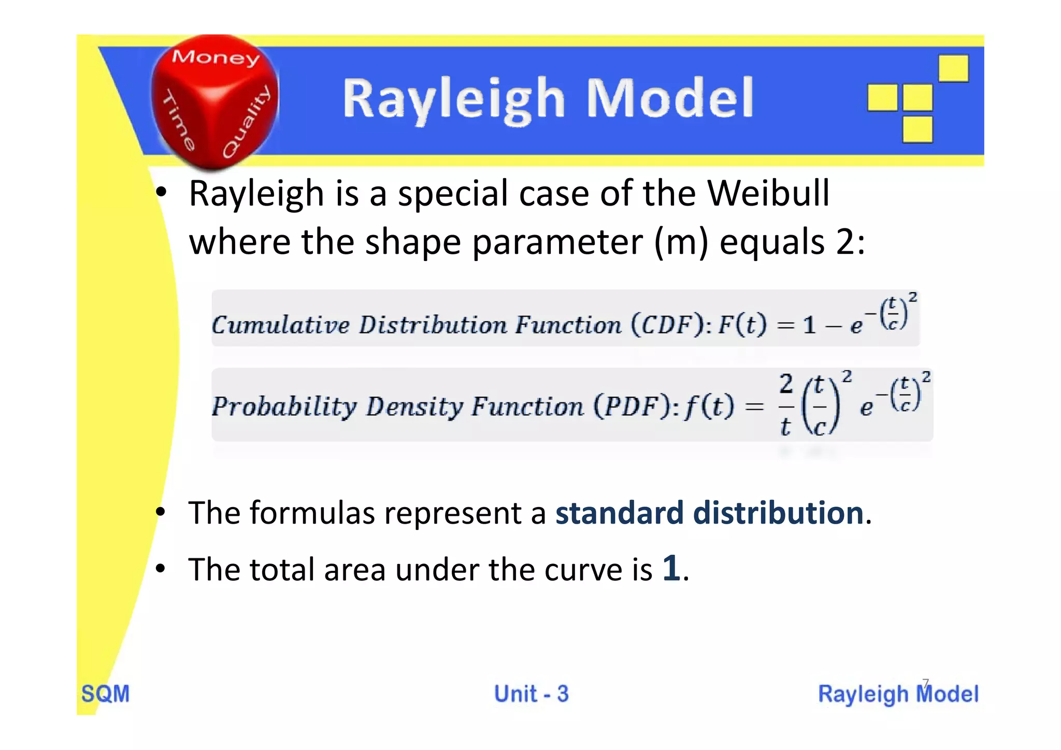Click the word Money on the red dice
(x=216, y=57)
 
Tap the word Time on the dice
(x=179, y=120)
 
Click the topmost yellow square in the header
(x=953, y=68)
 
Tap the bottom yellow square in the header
(x=917, y=129)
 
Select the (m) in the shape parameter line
(x=681, y=242)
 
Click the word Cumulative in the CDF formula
(x=281, y=325)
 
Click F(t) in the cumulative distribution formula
(x=742, y=325)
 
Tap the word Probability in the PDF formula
(x=284, y=407)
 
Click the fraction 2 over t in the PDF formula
(x=786, y=406)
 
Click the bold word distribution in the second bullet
(x=778, y=513)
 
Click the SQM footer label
(x=106, y=694)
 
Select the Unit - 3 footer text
(x=531, y=694)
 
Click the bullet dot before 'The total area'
(x=161, y=569)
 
